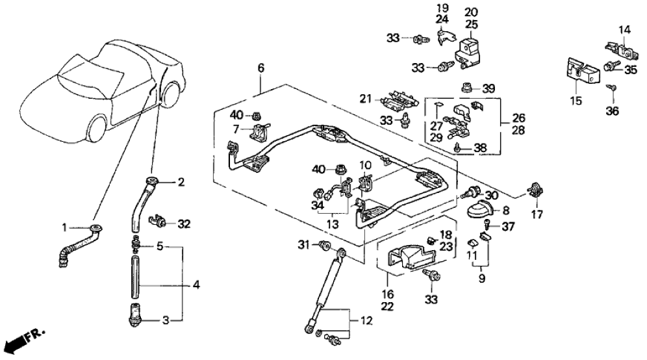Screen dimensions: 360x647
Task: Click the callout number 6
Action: pos(260,67)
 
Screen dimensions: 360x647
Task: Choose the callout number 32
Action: pos(184,225)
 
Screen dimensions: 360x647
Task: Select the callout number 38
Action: pos(479,148)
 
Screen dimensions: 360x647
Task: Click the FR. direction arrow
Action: pos(24,340)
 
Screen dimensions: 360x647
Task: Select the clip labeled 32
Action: pos(159,222)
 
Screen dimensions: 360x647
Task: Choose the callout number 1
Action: pos(64,227)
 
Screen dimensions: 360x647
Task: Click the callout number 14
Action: pos(624,30)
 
